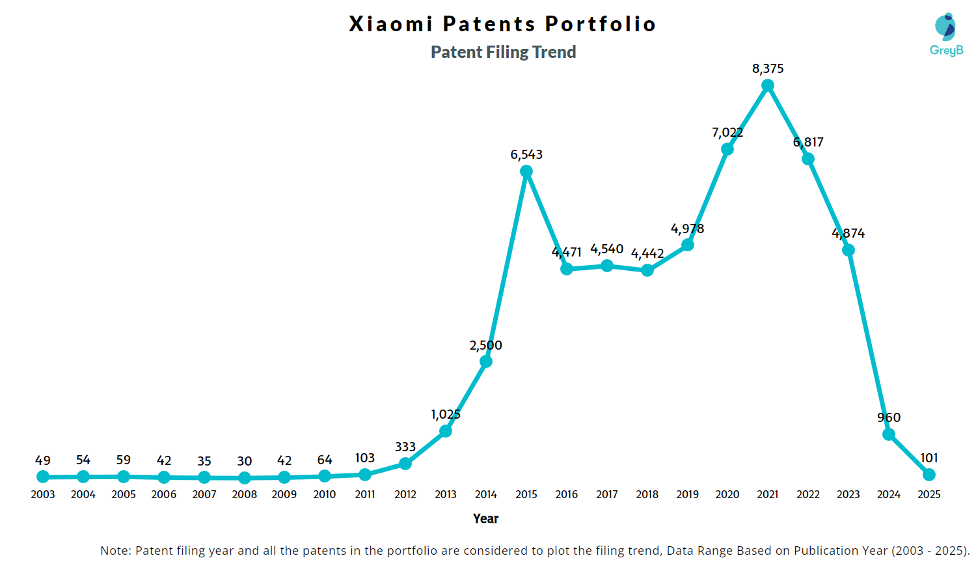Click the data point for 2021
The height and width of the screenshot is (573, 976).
pos(768,85)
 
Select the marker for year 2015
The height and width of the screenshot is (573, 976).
pos(526,171)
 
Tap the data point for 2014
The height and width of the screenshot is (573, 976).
pos(485,361)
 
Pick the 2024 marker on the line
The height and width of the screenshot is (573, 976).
pos(889,434)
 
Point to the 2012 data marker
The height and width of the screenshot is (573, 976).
pos(405,464)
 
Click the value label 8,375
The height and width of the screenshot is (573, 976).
pos(768,68)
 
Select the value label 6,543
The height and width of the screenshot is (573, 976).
pos(526,154)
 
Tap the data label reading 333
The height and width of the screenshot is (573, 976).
pos(405,447)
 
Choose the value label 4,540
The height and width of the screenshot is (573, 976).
pos(606,249)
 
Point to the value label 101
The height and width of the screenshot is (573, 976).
pos(929,458)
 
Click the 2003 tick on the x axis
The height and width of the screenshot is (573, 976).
pos(43,494)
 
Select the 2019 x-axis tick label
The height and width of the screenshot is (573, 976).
pos(687,494)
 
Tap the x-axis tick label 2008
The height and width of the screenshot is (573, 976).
pos(245,494)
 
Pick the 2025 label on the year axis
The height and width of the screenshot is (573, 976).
pos(929,494)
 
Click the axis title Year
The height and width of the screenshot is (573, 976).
pos(485,518)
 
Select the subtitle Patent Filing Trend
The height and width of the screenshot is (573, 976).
pos(503,52)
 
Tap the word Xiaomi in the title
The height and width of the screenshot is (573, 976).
pos(390,24)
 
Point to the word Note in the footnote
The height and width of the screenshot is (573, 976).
pos(114,550)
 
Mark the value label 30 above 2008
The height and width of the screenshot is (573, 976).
pos(245,461)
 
